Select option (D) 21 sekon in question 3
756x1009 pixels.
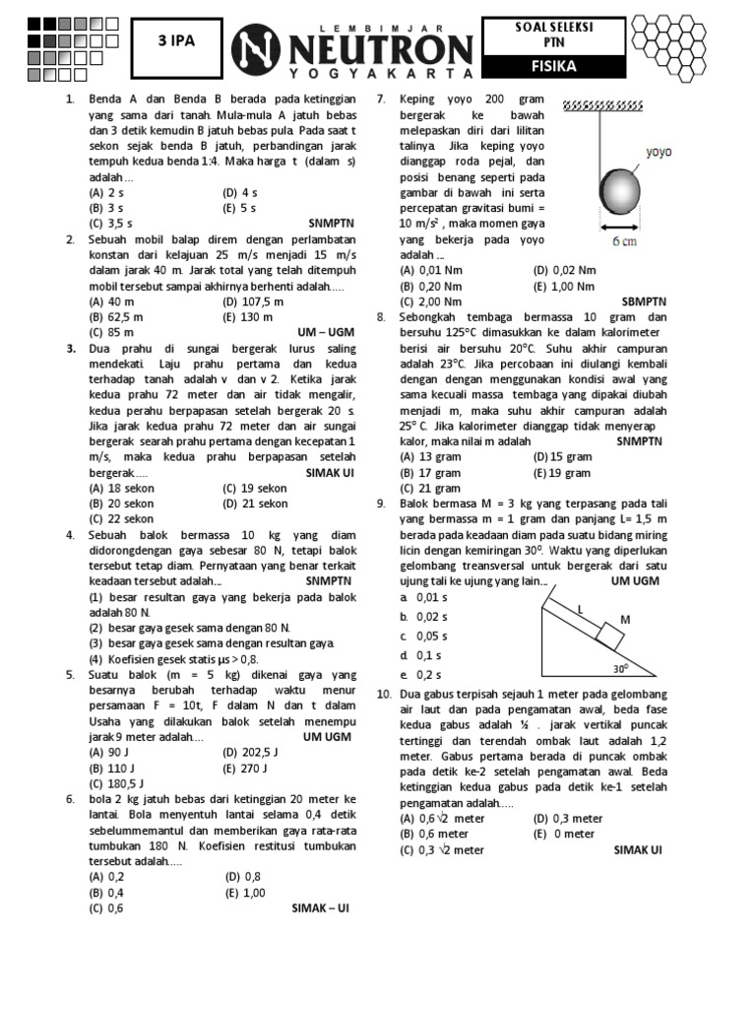pyautogui.click(x=255, y=504)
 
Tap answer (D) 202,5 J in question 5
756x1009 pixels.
pyautogui.click(x=253, y=752)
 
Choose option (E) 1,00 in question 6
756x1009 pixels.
pyautogui.click(x=245, y=892)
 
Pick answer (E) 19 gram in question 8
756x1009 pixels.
pyautogui.click(x=562, y=473)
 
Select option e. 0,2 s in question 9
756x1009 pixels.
pyautogui.click(x=421, y=675)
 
